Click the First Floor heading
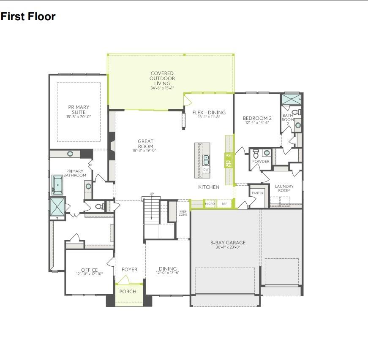click(28, 17)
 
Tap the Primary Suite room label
click(78, 109)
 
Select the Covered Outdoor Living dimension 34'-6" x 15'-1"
click(162, 88)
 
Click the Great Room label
click(145, 144)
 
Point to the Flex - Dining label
click(209, 113)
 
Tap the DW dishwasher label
click(206, 170)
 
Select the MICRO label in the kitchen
click(210, 204)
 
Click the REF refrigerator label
click(224, 204)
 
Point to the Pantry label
click(257, 193)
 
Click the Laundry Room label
click(284, 188)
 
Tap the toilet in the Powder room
click(256, 153)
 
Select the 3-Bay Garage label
click(228, 243)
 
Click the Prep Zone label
click(183, 213)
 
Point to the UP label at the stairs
click(152, 194)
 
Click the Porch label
click(128, 292)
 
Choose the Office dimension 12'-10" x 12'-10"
click(89, 274)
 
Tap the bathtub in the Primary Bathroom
click(57, 185)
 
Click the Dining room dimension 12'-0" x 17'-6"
click(167, 273)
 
